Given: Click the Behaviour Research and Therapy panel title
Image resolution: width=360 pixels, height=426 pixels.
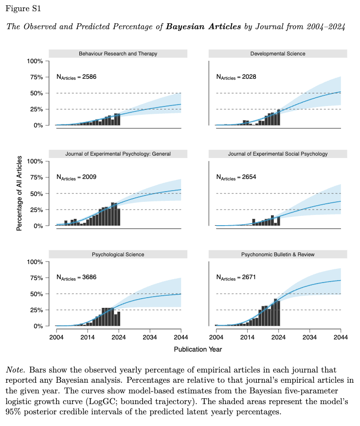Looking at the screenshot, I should [118, 53].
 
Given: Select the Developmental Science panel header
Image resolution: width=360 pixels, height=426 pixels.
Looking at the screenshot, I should [278, 53].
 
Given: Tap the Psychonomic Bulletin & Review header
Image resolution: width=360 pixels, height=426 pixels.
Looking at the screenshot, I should [278, 254].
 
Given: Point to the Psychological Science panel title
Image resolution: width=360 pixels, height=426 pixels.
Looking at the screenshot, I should [118, 254].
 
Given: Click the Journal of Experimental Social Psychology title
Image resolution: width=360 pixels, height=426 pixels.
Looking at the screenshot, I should [278, 154].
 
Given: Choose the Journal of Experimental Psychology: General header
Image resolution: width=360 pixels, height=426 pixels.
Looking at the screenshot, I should [118, 154].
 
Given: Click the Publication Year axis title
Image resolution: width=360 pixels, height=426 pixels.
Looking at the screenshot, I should [198, 349].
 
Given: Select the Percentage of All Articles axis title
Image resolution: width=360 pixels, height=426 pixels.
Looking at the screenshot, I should [19, 193].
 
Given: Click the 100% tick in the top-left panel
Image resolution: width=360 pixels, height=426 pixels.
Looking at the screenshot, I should [35, 61].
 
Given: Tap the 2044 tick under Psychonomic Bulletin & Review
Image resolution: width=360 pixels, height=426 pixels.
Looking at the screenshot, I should [340, 337].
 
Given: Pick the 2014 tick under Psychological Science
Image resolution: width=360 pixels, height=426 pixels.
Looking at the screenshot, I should [87, 337].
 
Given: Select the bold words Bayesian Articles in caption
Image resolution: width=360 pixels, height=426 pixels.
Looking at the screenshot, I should [203, 26].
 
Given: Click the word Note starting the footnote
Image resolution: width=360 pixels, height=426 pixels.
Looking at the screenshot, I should [15, 370].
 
